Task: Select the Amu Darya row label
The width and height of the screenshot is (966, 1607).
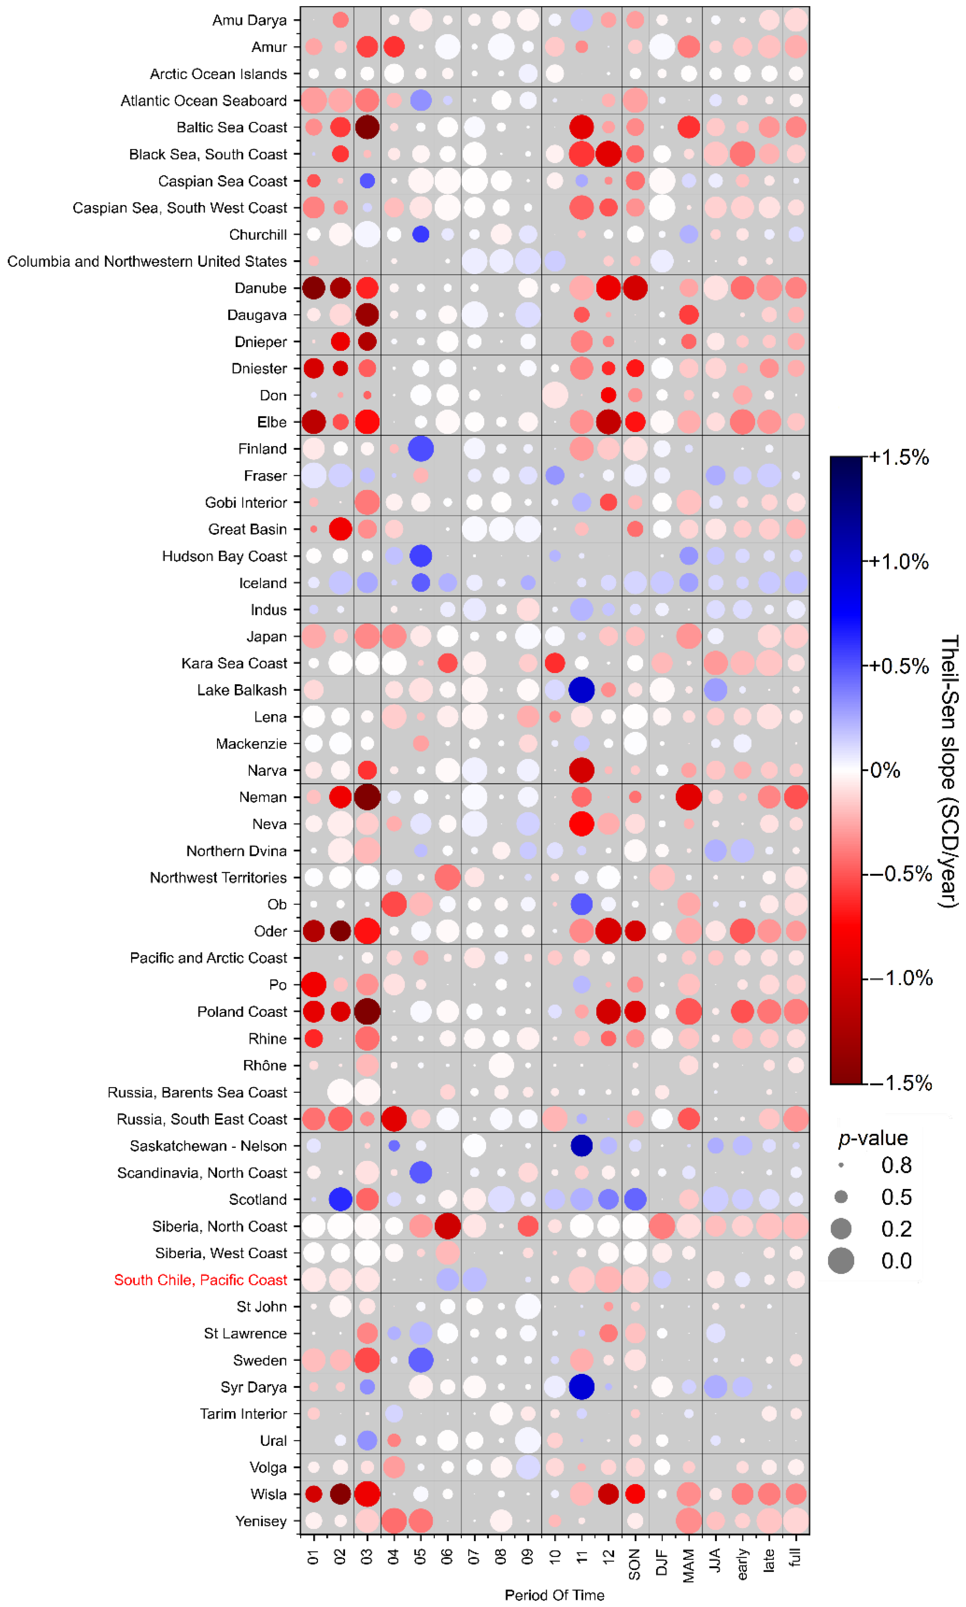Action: tap(249, 20)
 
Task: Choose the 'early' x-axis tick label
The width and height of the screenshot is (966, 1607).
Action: tap(742, 1564)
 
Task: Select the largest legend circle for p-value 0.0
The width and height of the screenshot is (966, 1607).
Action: tap(841, 1261)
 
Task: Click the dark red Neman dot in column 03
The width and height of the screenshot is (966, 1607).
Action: tap(367, 797)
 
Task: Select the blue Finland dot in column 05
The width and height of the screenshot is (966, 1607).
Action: tap(420, 448)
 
